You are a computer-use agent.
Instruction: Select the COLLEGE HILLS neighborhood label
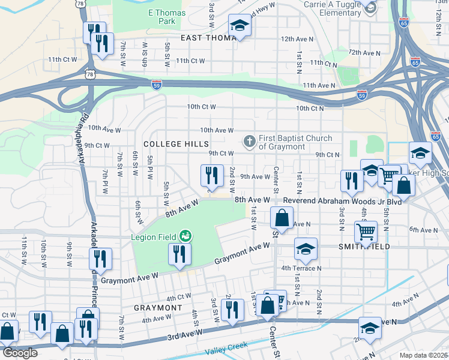pos(176,145)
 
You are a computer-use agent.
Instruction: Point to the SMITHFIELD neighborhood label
pos(364,247)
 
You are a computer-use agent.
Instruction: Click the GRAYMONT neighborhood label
pos(157,308)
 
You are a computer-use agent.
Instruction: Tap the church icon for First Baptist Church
pos(249,142)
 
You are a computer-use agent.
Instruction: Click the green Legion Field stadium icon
pos(186,236)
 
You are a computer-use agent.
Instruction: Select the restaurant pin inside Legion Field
pos(180,254)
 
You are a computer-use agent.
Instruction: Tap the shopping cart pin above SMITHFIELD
pos(366,230)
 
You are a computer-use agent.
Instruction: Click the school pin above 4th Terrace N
pos(306,249)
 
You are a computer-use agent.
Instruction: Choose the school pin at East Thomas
pos(240,26)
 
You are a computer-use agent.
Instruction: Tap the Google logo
pos(19,353)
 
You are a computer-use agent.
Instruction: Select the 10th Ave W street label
pos(217,130)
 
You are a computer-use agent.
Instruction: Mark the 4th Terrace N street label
pos(302,268)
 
